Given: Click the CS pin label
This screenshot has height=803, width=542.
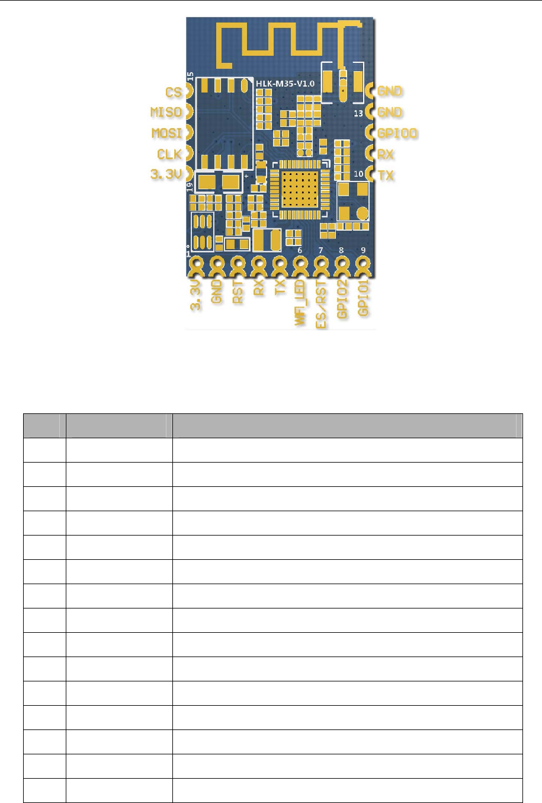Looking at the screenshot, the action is coord(174,93).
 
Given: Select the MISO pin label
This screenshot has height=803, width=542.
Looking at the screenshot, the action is coord(166,112).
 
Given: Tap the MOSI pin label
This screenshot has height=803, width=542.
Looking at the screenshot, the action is coord(166,133).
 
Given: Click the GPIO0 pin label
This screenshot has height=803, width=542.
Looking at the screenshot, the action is coord(397,133).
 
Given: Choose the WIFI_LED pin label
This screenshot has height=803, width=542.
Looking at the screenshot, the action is coord(300,302).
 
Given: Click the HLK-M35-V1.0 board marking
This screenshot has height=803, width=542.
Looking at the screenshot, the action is coord(286,84).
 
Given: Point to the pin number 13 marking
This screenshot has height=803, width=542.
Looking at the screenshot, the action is coord(358,113).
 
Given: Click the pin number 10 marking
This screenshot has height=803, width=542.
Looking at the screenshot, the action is coord(358,174).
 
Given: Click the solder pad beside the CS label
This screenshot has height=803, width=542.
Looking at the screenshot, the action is coord(188,91).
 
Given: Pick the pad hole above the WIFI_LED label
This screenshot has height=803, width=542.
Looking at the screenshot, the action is coord(300,263).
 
